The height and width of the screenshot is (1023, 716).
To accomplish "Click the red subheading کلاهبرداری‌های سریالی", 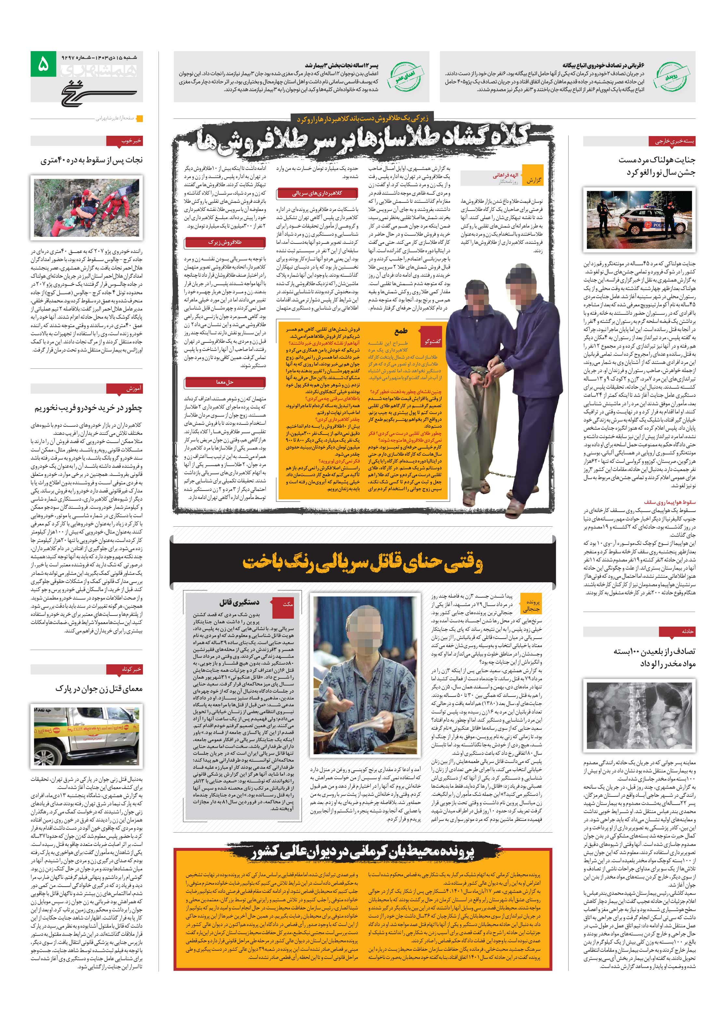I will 317,193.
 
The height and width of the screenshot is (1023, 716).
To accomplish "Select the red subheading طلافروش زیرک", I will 225,243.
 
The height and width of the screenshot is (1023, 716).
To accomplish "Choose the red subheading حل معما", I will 225,382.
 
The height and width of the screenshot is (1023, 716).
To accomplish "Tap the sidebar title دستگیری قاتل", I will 239,602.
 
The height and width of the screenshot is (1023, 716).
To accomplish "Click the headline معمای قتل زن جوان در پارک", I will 99,689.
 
